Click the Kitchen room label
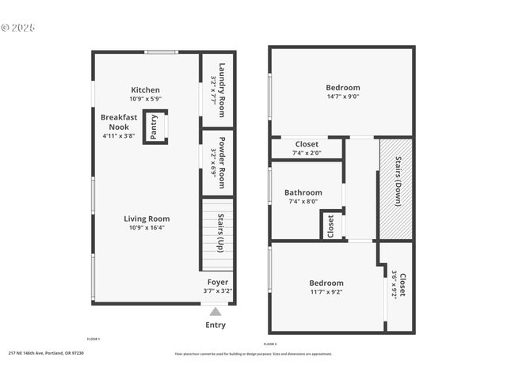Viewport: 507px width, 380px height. pyautogui.click(x=146, y=90)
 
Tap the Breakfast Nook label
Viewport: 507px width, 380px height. pyautogui.click(x=119, y=122)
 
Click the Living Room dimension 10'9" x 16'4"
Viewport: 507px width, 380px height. pyautogui.click(x=147, y=228)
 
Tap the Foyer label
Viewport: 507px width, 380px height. pyautogui.click(x=218, y=283)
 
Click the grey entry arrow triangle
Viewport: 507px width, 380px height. pyautogui.click(x=215, y=312)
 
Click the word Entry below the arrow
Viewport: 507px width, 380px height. pyautogui.click(x=215, y=325)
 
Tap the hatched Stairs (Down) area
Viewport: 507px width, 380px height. pyautogui.click(x=395, y=188)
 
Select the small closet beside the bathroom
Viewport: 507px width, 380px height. pyautogui.click(x=331, y=225)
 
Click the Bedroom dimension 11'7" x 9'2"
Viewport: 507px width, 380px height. pyautogui.click(x=326, y=291)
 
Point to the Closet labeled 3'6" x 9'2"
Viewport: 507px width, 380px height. pyautogui.click(x=398, y=283)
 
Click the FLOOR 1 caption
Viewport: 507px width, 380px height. pyautogui.click(x=93, y=339)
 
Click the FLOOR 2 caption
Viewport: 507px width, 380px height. pyautogui.click(x=270, y=344)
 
